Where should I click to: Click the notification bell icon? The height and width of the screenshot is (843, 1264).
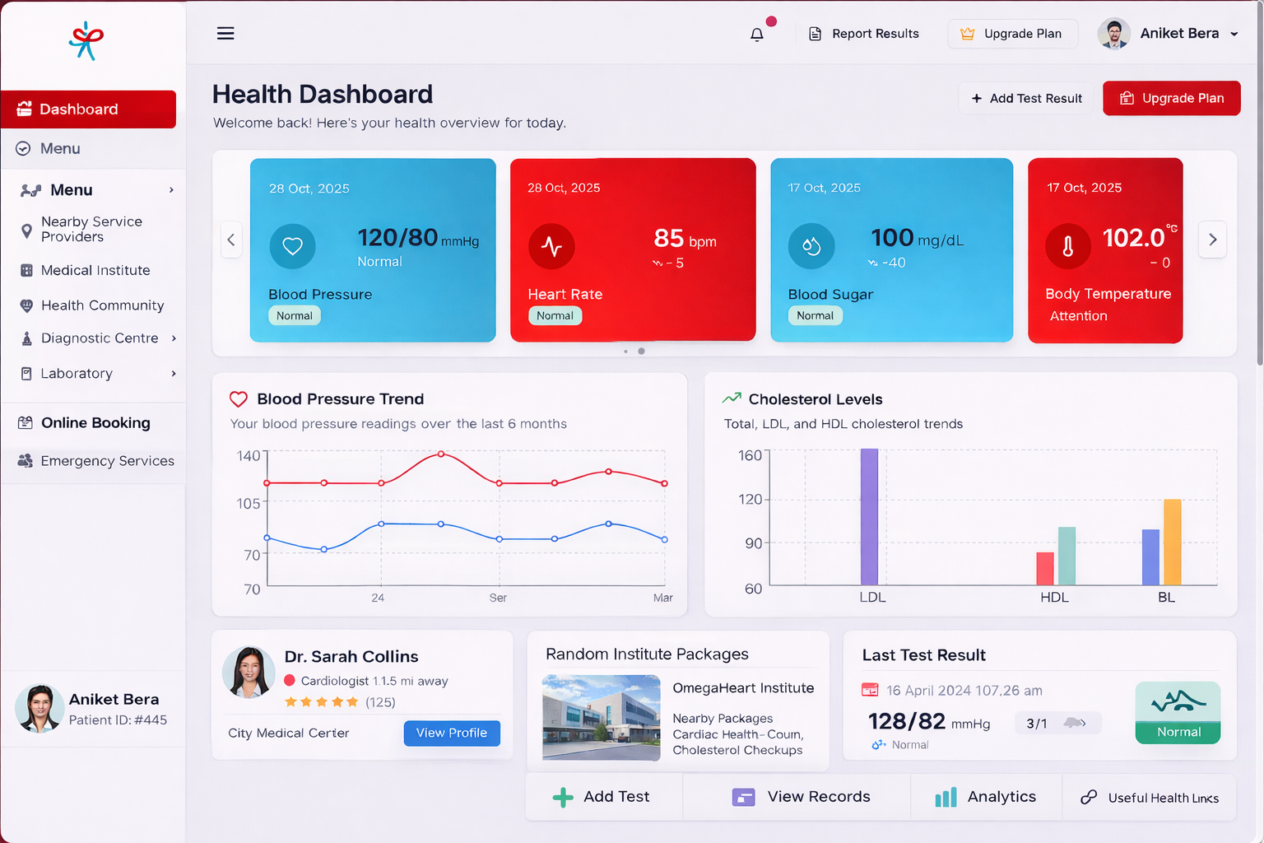tap(757, 34)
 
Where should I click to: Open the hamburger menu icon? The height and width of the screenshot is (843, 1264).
tap(225, 33)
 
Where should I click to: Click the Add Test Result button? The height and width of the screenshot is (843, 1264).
tap(1026, 98)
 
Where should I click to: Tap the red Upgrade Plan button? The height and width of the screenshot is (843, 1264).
tap(1171, 98)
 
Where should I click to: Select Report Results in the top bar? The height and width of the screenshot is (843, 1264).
tap(864, 34)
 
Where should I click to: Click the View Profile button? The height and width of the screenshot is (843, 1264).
tap(452, 733)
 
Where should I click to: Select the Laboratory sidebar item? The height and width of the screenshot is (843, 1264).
tap(77, 374)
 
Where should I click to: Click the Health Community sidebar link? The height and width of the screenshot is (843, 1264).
tap(102, 305)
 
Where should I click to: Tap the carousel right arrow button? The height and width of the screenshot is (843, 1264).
tap(1212, 240)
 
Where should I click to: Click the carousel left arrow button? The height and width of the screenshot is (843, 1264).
tap(231, 240)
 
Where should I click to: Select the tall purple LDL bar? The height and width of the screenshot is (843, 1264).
tap(869, 516)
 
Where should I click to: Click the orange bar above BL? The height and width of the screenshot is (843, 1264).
tap(1172, 542)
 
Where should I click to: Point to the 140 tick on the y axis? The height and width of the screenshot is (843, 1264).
tap(249, 456)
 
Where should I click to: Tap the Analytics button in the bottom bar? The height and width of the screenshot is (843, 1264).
tap(986, 797)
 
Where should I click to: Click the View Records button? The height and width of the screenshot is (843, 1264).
tap(802, 797)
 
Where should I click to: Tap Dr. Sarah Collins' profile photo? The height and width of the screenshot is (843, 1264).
tap(249, 672)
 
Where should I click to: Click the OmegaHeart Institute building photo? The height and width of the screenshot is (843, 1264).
tap(601, 717)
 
